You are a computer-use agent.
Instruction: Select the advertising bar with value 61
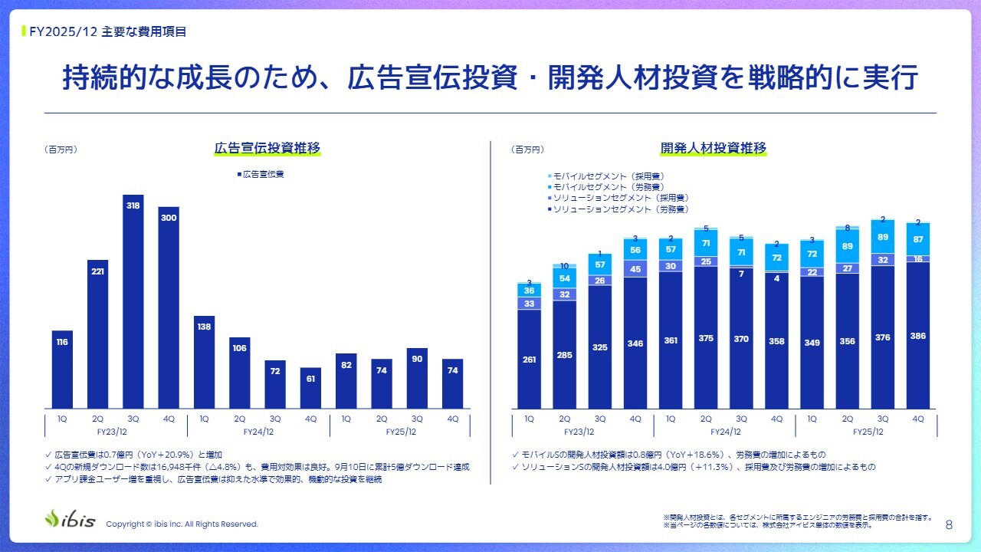tap(310, 388)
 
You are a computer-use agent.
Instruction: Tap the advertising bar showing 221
tap(98, 334)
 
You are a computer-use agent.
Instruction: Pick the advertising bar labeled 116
tap(63, 370)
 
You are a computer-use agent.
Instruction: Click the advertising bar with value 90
tap(417, 378)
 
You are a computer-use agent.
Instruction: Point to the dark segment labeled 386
tap(918, 335)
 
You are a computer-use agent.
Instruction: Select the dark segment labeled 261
tap(529, 359)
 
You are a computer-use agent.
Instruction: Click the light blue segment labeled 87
tap(918, 239)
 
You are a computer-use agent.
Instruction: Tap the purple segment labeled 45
tap(635, 268)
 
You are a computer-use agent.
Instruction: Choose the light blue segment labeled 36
tap(529, 291)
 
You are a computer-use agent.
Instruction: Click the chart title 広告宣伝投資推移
tap(267, 148)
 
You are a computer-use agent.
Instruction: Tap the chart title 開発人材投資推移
tap(713, 148)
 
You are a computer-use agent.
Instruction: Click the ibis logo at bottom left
tap(71, 519)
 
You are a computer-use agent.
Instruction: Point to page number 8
tap(950, 524)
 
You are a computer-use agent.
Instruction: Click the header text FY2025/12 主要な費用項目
tap(107, 31)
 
